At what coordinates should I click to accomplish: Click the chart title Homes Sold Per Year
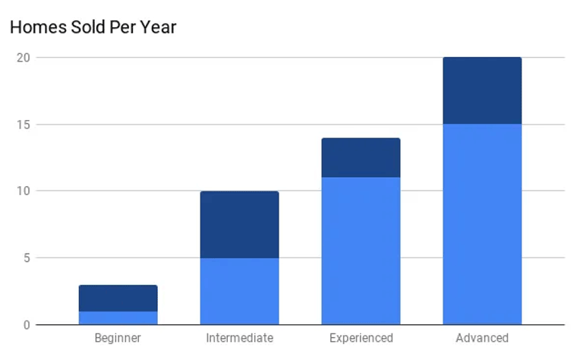pyautogui.click(x=93, y=28)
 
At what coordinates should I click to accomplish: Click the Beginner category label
pyautogui.click(x=118, y=338)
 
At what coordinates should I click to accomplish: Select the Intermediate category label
pyautogui.click(x=239, y=338)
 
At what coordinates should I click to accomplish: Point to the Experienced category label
pyautogui.click(x=361, y=338)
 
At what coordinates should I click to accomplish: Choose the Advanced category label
pyautogui.click(x=482, y=338)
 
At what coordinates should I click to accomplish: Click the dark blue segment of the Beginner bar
pyautogui.click(x=118, y=298)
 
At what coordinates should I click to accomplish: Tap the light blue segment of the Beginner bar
pyautogui.click(x=118, y=317)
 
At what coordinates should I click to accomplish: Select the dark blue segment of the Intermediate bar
pyautogui.click(x=239, y=224)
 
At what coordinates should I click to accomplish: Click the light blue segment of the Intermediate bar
pyautogui.click(x=239, y=291)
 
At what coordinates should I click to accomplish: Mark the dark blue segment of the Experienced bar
pyautogui.click(x=361, y=157)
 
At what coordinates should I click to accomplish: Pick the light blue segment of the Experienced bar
pyautogui.click(x=361, y=251)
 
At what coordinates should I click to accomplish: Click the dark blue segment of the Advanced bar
pyautogui.click(x=482, y=90)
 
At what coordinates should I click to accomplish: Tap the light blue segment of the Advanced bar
pyautogui.click(x=482, y=224)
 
